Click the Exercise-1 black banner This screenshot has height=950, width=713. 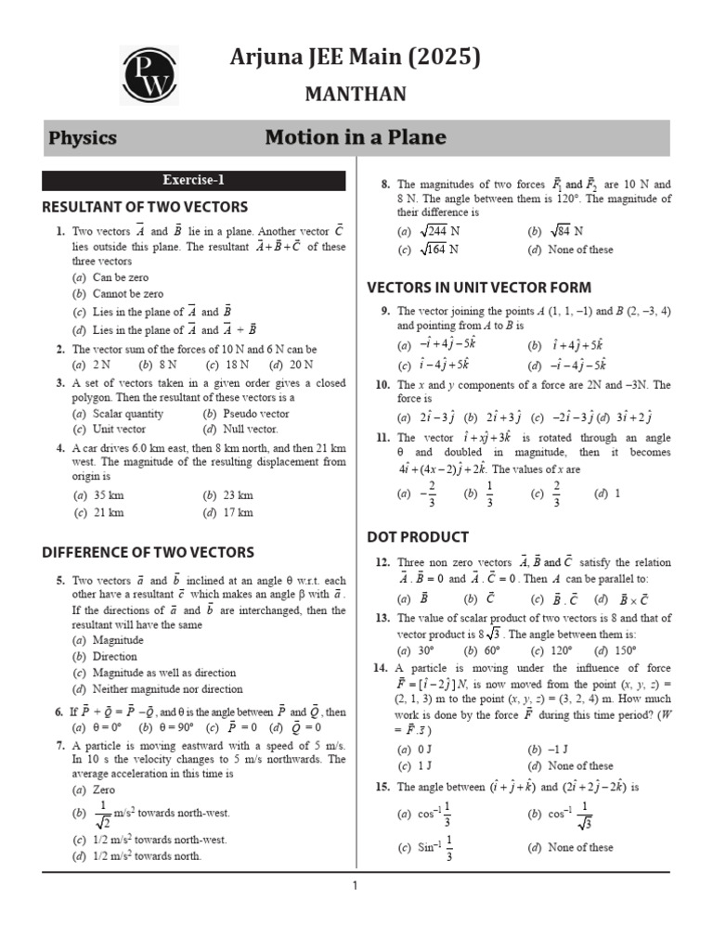pyautogui.click(x=193, y=180)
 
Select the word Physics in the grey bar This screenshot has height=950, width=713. pyautogui.click(x=83, y=138)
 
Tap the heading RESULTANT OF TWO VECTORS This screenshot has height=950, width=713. pyautogui.click(x=145, y=207)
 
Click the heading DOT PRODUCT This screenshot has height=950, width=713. pyautogui.click(x=418, y=537)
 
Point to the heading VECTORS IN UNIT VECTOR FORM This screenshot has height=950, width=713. pyautogui.click(x=479, y=288)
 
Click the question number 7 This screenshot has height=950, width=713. pyautogui.click(x=59, y=745)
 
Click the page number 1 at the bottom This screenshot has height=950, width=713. pyautogui.click(x=355, y=887)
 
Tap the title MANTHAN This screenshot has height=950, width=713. pyautogui.click(x=356, y=95)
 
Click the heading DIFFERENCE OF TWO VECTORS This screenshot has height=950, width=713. pyautogui.click(x=148, y=553)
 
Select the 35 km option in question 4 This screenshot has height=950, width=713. pyautogui.click(x=108, y=495)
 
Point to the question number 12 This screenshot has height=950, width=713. pyautogui.click(x=382, y=562)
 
